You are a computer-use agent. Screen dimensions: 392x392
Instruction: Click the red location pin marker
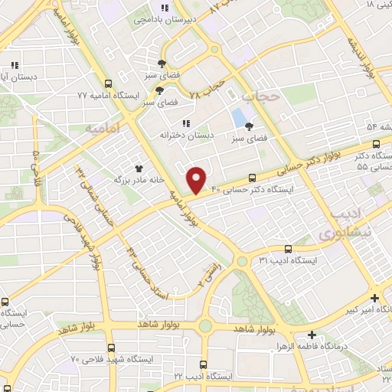coord(198,178)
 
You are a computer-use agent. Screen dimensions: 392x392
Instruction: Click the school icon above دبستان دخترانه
coord(186,123)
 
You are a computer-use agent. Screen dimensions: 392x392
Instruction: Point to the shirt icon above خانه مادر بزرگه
coord(139,168)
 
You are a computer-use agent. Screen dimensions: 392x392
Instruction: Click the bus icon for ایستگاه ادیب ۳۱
coord(288,249)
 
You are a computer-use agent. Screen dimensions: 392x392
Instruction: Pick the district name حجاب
coord(257,97)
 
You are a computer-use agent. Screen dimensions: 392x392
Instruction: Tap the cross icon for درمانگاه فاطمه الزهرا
coord(312,335)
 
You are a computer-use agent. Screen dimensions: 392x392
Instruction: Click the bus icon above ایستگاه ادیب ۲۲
coord(203,364)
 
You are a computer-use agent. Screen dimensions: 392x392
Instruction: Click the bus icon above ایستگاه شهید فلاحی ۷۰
coord(111,348)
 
